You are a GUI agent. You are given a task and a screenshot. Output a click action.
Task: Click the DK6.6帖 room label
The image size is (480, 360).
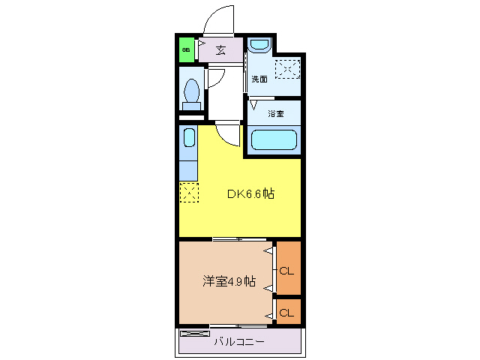tap(250, 193)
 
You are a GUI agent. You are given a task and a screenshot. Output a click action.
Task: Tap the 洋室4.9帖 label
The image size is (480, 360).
tap(229, 282)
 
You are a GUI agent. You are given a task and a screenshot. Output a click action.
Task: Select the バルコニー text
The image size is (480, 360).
tap(238, 342)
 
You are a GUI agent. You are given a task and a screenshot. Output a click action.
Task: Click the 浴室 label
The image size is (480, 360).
tap(276, 114)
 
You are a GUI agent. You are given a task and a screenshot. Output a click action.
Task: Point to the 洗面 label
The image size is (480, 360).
tap(259, 79)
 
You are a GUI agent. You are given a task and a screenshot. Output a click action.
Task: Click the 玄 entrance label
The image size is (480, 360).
tap(221, 50)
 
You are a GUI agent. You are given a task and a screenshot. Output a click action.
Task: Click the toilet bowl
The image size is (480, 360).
tap(191, 91)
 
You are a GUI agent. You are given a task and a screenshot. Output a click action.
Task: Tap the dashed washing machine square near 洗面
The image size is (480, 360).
tap(287, 69)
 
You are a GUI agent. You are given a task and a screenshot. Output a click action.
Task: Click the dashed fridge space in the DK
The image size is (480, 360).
tap(188, 193)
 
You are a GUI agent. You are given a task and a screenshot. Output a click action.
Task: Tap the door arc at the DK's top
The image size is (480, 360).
tap(228, 133)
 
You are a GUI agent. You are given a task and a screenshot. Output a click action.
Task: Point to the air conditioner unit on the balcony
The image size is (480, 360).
tap(194, 333)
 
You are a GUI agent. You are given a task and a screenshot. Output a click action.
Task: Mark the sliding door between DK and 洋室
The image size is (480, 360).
tap(238, 239)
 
